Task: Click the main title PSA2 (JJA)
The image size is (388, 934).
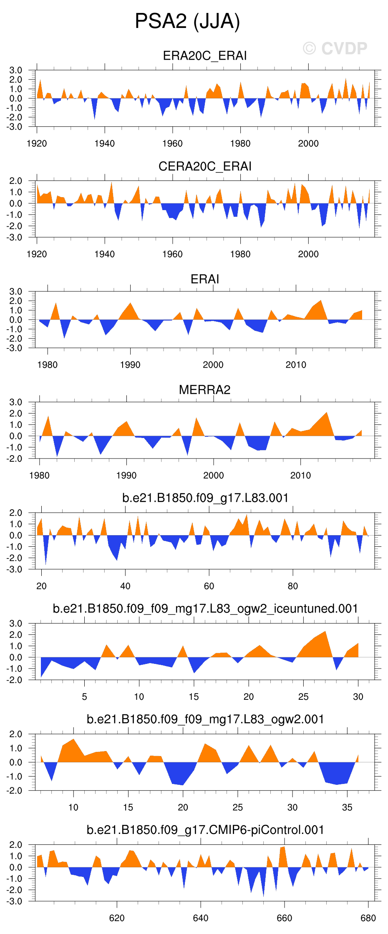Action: (187, 21)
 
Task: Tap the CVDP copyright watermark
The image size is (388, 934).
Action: (335, 49)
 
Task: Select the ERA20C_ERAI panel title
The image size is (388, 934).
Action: (204, 56)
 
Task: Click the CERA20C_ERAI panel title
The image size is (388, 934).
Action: (205, 166)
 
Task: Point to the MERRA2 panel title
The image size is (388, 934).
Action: (204, 390)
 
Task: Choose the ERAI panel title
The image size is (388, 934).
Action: (204, 279)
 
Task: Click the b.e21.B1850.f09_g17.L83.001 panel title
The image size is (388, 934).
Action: (205, 498)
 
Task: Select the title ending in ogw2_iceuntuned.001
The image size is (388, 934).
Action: (205, 608)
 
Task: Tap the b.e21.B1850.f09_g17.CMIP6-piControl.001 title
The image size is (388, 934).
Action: (205, 830)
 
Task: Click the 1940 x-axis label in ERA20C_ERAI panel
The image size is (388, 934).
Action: (104, 143)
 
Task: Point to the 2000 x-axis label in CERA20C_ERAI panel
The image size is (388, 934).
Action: (308, 254)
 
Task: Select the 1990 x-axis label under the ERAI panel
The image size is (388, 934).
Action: (130, 365)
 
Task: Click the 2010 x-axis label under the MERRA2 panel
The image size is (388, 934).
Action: (300, 476)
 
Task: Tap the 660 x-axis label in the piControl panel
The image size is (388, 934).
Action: (285, 918)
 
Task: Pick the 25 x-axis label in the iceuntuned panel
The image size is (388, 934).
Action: (303, 697)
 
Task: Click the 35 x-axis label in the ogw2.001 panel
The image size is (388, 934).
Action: (347, 807)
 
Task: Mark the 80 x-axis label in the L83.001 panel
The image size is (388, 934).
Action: (293, 586)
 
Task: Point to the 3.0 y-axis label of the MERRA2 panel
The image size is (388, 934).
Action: (16, 402)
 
